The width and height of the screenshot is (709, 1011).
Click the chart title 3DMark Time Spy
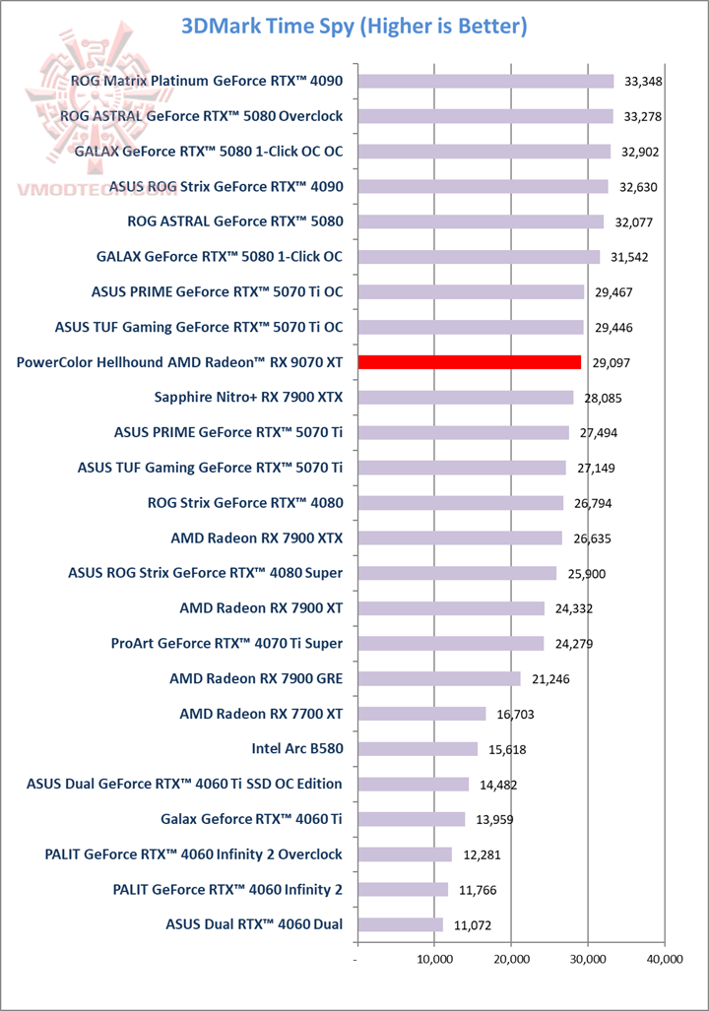[354, 26]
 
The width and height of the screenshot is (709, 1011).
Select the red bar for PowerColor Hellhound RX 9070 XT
[469, 362]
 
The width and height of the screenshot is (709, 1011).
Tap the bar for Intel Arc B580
[418, 749]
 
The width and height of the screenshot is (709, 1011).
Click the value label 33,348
[642, 81]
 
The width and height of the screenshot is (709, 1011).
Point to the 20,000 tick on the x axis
[511, 958]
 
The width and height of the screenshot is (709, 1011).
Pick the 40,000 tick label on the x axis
[665, 958]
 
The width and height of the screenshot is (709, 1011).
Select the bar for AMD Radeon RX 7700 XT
[421, 714]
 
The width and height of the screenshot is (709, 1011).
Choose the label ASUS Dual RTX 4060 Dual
[261, 924]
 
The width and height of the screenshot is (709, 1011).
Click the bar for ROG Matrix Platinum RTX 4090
[485, 81]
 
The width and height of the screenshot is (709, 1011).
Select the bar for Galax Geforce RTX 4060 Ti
[411, 819]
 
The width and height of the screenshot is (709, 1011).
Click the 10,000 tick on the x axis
[434, 958]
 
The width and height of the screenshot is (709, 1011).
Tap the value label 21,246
[548, 679]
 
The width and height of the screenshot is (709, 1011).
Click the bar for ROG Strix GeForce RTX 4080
[460, 503]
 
